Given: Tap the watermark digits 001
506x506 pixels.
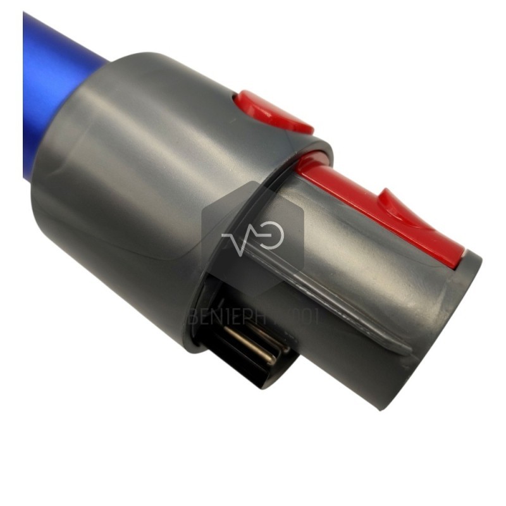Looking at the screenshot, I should coord(304,316).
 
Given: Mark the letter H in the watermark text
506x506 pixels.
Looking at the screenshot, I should coord(277,316).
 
